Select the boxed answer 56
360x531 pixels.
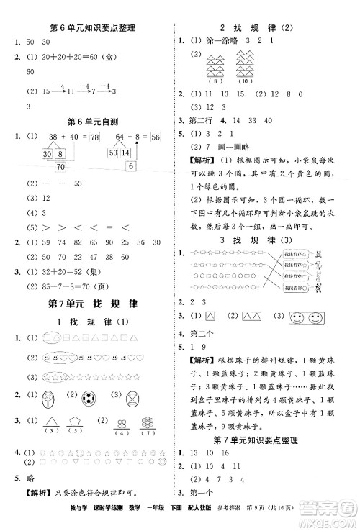coord(155,137)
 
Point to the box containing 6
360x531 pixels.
coord(130,166)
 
